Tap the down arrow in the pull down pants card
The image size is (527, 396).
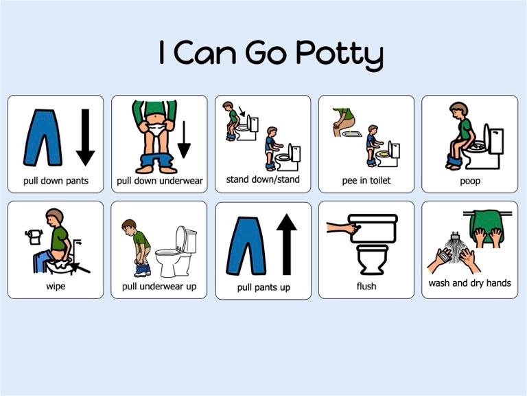(85, 137)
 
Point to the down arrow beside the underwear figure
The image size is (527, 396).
(183, 140)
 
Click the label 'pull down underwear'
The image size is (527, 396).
(159, 181)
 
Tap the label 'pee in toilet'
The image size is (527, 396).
(366, 180)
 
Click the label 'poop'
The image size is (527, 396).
(470, 181)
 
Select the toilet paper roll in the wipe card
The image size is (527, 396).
(32, 235)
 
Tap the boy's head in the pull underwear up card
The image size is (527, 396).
(129, 226)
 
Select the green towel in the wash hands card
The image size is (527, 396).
(488, 228)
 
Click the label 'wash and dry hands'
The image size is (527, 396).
(469, 283)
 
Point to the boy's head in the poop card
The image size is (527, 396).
(458, 111)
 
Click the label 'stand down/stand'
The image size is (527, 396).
(263, 180)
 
